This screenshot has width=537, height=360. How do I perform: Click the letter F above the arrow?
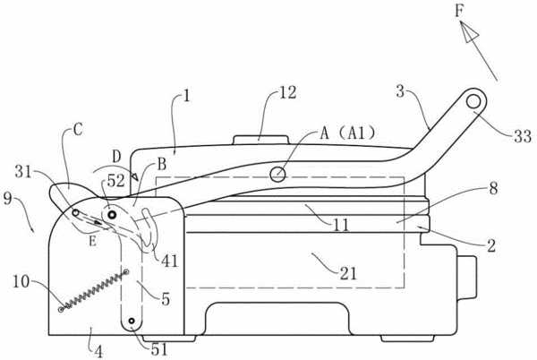(x=459, y=12)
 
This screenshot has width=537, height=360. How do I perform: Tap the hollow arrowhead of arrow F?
(x=468, y=31)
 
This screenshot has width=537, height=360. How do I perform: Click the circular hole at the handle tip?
(x=473, y=101)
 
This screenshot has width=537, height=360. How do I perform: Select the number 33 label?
(x=522, y=136)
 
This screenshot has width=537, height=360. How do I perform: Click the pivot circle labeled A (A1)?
(x=277, y=175)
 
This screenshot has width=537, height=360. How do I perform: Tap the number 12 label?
(x=287, y=92)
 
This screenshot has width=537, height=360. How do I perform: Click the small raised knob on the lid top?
(x=260, y=140)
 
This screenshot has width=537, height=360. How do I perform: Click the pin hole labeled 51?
(x=132, y=321)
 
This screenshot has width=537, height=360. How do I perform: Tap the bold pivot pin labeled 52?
(x=112, y=215)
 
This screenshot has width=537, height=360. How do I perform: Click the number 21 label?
(x=348, y=273)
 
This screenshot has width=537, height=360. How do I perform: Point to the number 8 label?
(x=493, y=188)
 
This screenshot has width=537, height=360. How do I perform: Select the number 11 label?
(x=341, y=225)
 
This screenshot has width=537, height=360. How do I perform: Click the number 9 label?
(x=8, y=198)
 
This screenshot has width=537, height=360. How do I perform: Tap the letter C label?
(x=78, y=130)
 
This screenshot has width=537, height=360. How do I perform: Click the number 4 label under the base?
(x=98, y=351)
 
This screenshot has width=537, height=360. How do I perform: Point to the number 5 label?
(x=166, y=299)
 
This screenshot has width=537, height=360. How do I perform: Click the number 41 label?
(x=170, y=261)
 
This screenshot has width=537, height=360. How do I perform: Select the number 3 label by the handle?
(x=400, y=91)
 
